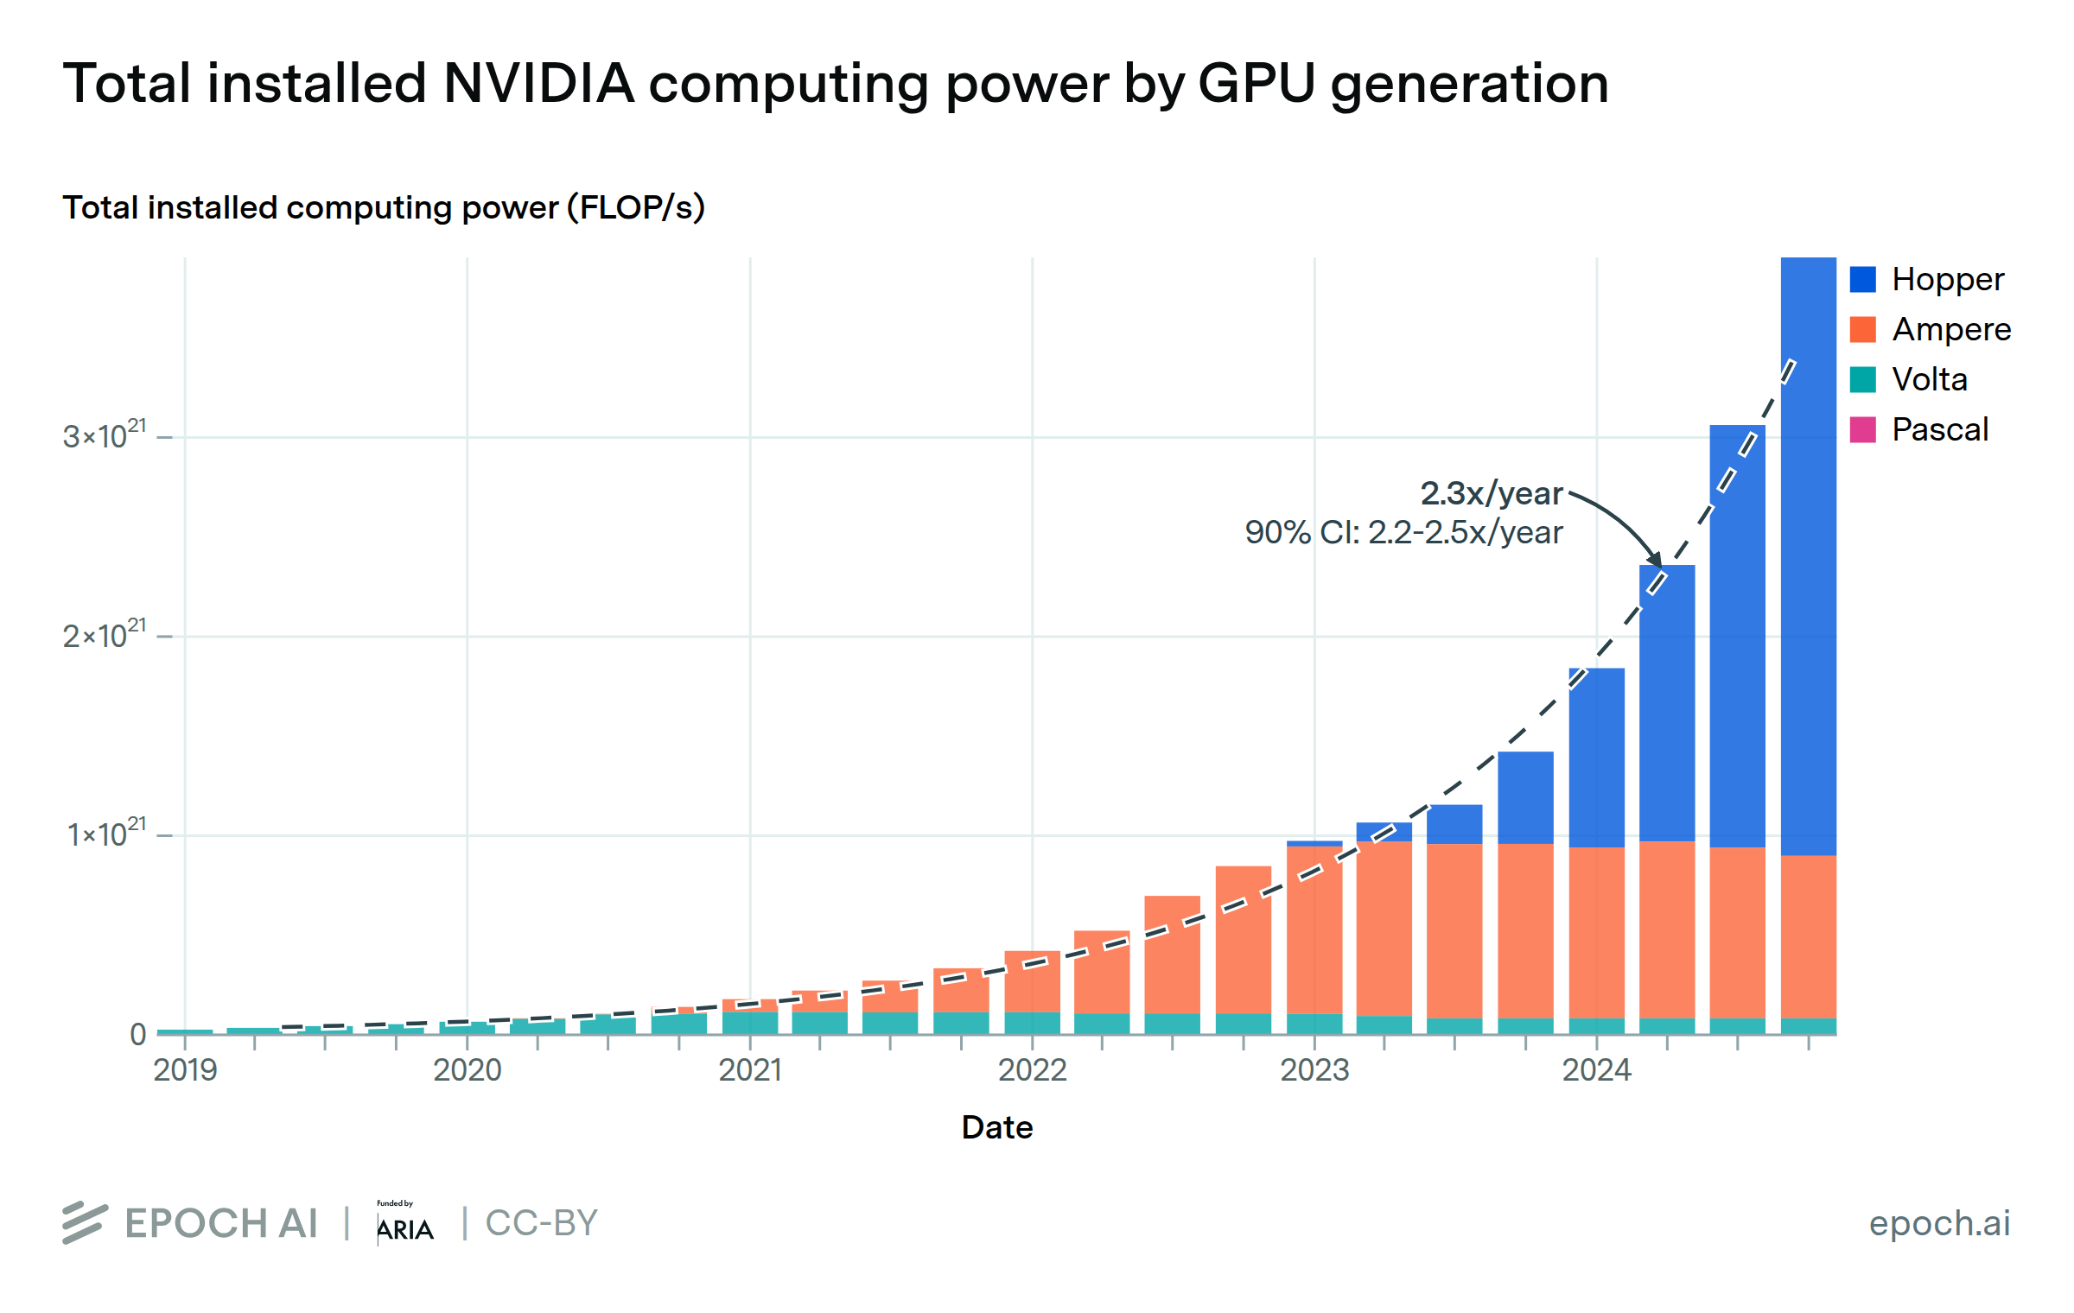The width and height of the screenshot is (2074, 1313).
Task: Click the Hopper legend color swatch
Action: pyautogui.click(x=1862, y=279)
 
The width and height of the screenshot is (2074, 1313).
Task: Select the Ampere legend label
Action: pyautogui.click(x=1951, y=329)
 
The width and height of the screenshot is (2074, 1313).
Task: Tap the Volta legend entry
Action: pyautogui.click(x=1929, y=379)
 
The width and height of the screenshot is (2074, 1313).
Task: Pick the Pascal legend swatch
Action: pyautogui.click(x=1862, y=429)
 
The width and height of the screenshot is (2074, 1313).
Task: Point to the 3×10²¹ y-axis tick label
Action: pyautogui.click(x=105, y=435)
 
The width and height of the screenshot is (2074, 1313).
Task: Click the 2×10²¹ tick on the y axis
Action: pyautogui.click(x=105, y=635)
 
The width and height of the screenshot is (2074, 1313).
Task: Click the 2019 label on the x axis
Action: pyautogui.click(x=185, y=1070)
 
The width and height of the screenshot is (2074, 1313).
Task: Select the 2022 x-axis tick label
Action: pyautogui.click(x=1032, y=1070)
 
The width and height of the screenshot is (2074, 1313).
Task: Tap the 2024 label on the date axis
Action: pyautogui.click(x=1596, y=1070)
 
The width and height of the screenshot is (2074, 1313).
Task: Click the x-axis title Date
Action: pyautogui.click(x=997, y=1127)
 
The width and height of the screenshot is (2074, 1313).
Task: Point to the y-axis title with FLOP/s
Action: pyautogui.click(x=384, y=208)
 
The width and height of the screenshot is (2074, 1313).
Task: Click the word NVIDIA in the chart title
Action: pyautogui.click(x=538, y=84)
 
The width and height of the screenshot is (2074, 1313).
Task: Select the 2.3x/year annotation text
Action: pyautogui.click(x=1491, y=493)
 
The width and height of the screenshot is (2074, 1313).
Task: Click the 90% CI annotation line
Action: pyautogui.click(x=1403, y=532)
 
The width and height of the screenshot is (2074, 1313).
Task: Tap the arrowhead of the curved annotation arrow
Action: pyautogui.click(x=1654, y=560)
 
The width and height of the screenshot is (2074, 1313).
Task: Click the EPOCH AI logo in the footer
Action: pyautogui.click(x=191, y=1222)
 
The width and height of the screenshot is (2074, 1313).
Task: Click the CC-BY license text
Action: pyautogui.click(x=541, y=1222)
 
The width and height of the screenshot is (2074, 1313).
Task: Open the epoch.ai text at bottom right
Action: pyautogui.click(x=1939, y=1222)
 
